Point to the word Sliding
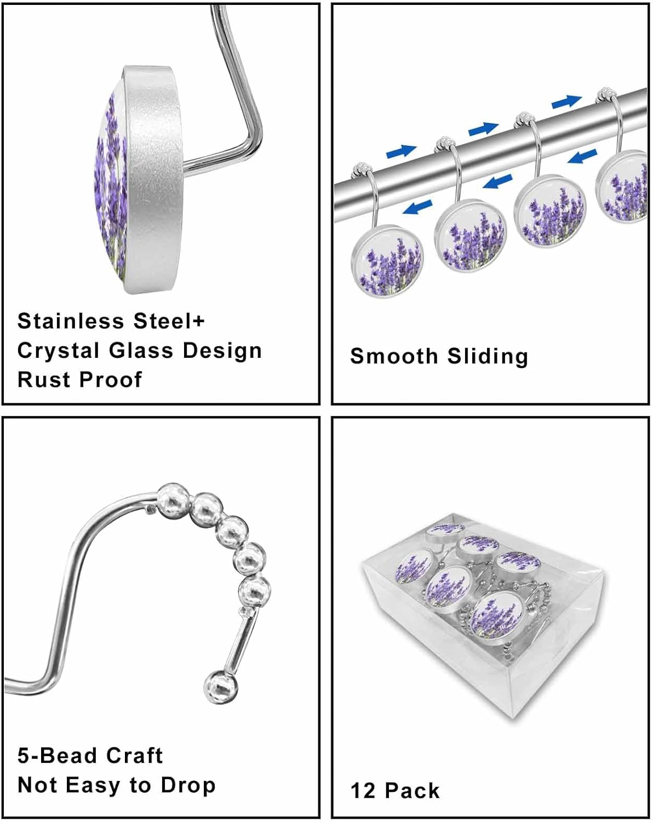[488, 356]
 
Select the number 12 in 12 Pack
[362, 791]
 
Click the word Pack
[412, 791]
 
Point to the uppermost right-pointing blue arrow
[566, 101]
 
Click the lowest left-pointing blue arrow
[416, 207]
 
